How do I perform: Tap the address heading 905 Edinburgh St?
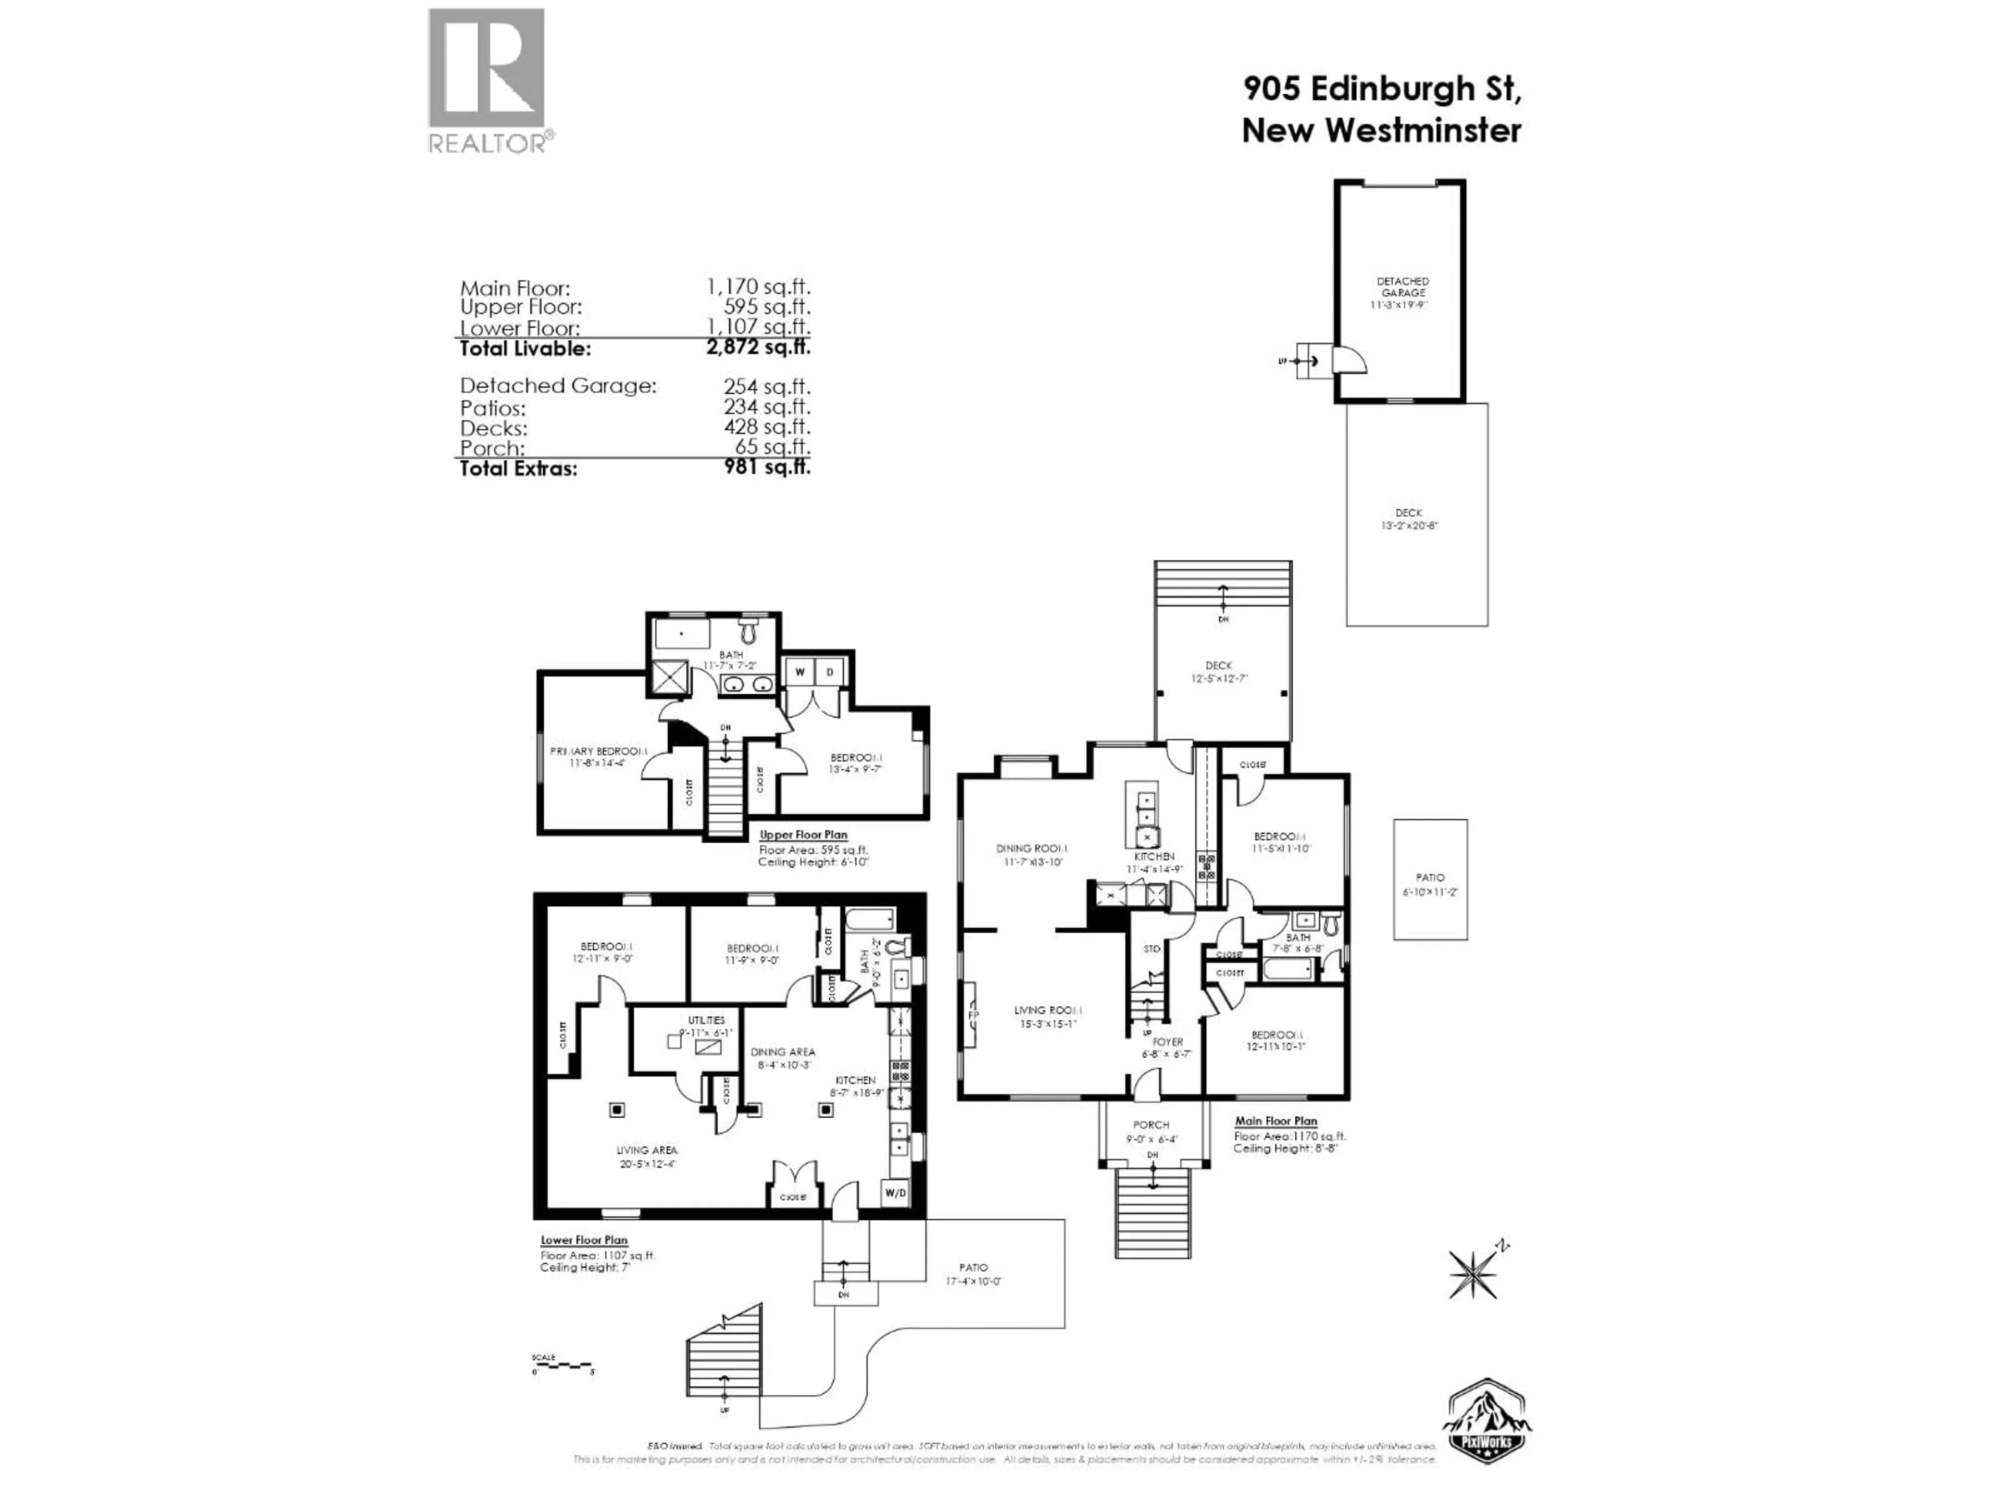(1382, 89)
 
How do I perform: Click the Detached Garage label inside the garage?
(1403, 287)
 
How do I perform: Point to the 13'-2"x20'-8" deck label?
(1409, 519)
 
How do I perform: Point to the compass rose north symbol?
(1474, 1270)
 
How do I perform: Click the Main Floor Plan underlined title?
(1276, 1120)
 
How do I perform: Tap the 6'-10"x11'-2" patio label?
(1430, 883)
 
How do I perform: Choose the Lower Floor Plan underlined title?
(584, 1240)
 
